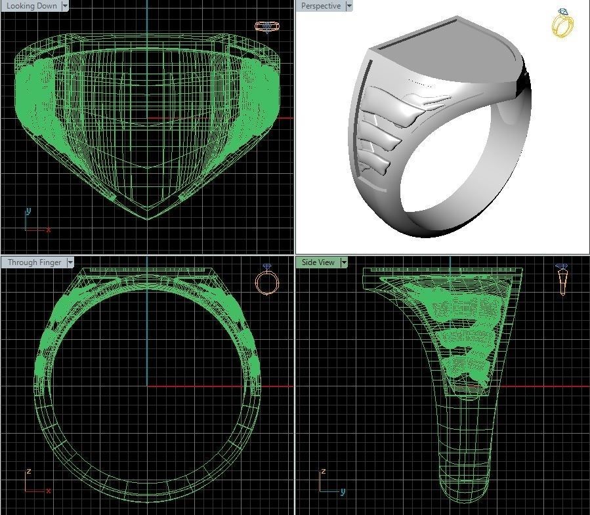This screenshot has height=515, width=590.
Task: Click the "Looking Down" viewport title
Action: pyautogui.click(x=32, y=6)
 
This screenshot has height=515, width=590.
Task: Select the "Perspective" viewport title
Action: pyautogui.click(x=320, y=6)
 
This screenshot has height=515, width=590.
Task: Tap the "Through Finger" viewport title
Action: pyautogui.click(x=34, y=262)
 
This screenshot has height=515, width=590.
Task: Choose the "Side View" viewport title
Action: pyautogui.click(x=318, y=262)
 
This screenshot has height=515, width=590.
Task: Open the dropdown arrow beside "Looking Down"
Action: pyautogui.click(x=65, y=6)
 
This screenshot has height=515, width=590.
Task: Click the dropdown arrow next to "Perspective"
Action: pyautogui.click(x=349, y=6)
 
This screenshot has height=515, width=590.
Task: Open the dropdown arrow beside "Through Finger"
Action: pyautogui.click(x=70, y=262)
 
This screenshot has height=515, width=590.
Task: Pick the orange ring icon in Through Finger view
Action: pyautogui.click(x=267, y=281)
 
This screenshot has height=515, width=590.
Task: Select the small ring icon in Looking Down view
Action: pyautogui.click(x=266, y=27)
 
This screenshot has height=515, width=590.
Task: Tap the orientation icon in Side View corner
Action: pyautogui.click(x=562, y=280)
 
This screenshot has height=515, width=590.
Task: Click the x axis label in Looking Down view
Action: pyautogui.click(x=49, y=230)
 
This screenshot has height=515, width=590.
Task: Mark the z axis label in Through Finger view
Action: pyautogui.click(x=28, y=472)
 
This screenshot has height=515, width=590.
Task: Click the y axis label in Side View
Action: pyautogui.click(x=343, y=491)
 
